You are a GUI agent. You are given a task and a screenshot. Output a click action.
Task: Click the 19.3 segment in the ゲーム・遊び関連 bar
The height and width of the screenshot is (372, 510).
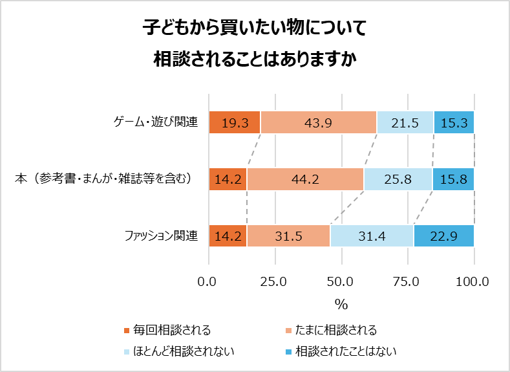pyautogui.click(x=235, y=122)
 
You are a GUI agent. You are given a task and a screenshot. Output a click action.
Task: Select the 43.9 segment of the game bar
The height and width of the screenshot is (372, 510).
pyautogui.click(x=318, y=122)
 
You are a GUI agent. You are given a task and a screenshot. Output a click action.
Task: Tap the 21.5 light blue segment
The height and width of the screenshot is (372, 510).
pyautogui.click(x=405, y=122)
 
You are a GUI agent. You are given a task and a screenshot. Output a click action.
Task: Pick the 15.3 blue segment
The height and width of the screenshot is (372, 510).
pyautogui.click(x=454, y=122)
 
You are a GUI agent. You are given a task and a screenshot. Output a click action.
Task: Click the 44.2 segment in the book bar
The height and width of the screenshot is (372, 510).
pyautogui.click(x=305, y=179)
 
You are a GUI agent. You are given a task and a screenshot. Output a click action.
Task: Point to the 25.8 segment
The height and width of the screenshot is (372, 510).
pyautogui.click(x=398, y=179)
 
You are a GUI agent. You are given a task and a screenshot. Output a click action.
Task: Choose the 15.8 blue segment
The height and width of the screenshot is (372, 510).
pyautogui.click(x=453, y=179)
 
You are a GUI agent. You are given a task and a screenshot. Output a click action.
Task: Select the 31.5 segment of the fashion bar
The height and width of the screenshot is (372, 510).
pyautogui.click(x=288, y=236)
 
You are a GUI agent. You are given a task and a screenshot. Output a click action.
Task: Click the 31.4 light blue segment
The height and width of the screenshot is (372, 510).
pyautogui.click(x=372, y=236)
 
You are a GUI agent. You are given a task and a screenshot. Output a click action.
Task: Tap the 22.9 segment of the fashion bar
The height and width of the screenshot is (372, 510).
pyautogui.click(x=444, y=236)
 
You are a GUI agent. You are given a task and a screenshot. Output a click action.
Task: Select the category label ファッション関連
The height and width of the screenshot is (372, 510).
pyautogui.click(x=160, y=235)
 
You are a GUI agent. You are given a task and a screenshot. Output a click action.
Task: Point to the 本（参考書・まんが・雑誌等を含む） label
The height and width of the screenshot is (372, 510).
pyautogui.click(x=104, y=179)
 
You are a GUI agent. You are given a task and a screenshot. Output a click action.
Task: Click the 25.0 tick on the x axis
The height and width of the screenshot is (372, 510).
pyautogui.click(x=275, y=281)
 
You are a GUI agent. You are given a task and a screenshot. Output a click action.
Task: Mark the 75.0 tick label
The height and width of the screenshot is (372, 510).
pyautogui.click(x=408, y=281)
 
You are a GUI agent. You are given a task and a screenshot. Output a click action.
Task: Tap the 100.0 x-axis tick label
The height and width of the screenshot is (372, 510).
pyautogui.click(x=474, y=281)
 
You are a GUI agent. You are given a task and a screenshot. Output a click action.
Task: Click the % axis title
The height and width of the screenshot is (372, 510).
pyautogui.click(x=341, y=303)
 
